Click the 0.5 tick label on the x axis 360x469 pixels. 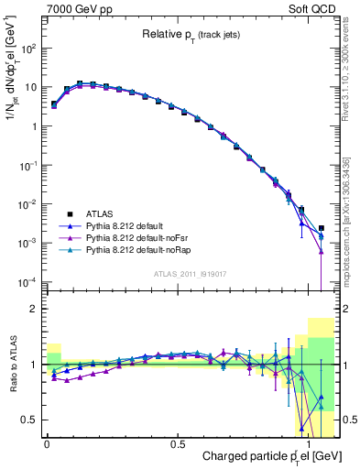(x=178, y=442)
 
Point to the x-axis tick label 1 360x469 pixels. (x=309, y=442)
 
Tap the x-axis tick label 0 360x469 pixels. (x=47, y=442)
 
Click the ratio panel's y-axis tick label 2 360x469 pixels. (x=33, y=310)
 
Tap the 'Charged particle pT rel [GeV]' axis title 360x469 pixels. (x=271, y=456)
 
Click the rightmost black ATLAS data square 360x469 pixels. (x=321, y=228)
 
